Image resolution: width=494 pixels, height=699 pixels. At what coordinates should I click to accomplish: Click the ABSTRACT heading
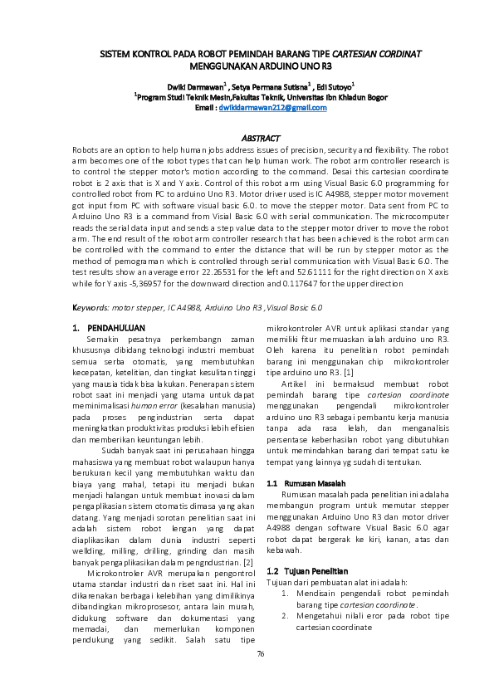pyautogui.click(x=260, y=137)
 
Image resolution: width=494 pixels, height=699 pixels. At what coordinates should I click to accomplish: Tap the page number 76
pyautogui.click(x=260, y=654)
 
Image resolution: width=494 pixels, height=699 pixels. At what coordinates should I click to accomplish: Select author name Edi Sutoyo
pyautogui.click(x=332, y=86)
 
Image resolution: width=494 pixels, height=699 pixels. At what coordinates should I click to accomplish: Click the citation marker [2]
pyautogui.click(x=237, y=563)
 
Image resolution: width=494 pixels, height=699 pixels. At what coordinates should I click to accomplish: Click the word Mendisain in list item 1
pyautogui.click(x=315, y=594)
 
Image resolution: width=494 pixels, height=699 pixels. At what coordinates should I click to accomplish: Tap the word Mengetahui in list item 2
pyautogui.click(x=319, y=617)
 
